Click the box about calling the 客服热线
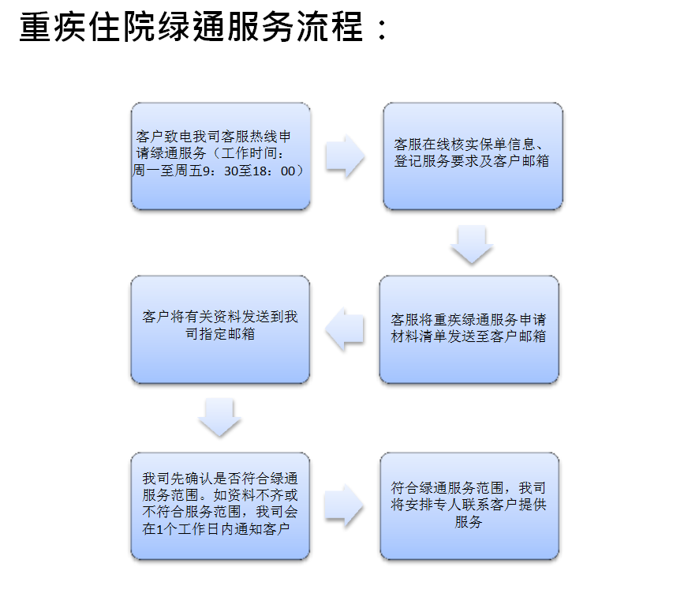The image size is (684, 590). coord(221,156)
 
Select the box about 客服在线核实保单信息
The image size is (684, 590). coord(473,156)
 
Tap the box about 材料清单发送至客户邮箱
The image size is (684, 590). coord(469,329)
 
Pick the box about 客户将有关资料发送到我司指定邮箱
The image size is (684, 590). coord(220,329)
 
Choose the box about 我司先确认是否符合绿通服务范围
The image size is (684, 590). coord(220,505)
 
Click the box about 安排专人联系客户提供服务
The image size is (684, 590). coord(469,505)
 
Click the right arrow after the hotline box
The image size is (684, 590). coord(345,156)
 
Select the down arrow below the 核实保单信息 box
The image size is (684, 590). coord(472,245)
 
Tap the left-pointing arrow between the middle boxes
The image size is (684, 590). coord(345,329)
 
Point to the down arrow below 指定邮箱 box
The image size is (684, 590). coord(219,417)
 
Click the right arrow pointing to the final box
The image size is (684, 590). coord(344,505)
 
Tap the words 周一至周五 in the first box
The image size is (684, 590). coord(167,171)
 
